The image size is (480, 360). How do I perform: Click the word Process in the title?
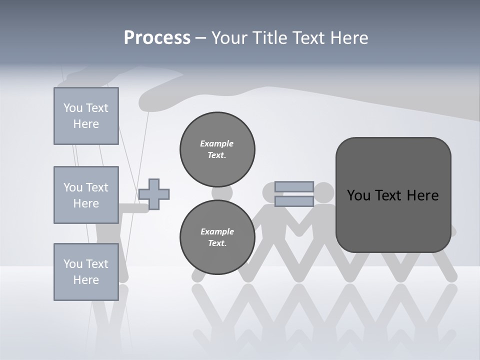tap(157, 37)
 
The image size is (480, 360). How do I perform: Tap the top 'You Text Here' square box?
tap(86, 116)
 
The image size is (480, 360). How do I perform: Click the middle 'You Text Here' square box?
tap(86, 195)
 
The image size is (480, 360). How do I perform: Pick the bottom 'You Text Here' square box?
tap(86, 272)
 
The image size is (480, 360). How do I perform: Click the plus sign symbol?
tap(154, 194)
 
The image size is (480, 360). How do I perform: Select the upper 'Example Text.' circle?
tap(217, 149)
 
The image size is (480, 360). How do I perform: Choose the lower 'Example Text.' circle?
tap(217, 237)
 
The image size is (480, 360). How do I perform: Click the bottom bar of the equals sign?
tap(294, 201)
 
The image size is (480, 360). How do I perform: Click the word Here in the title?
tap(349, 37)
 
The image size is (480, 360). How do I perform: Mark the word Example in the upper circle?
tap(217, 143)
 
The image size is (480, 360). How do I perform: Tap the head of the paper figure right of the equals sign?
tap(324, 192)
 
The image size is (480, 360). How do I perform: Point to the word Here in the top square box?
tap(86, 124)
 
